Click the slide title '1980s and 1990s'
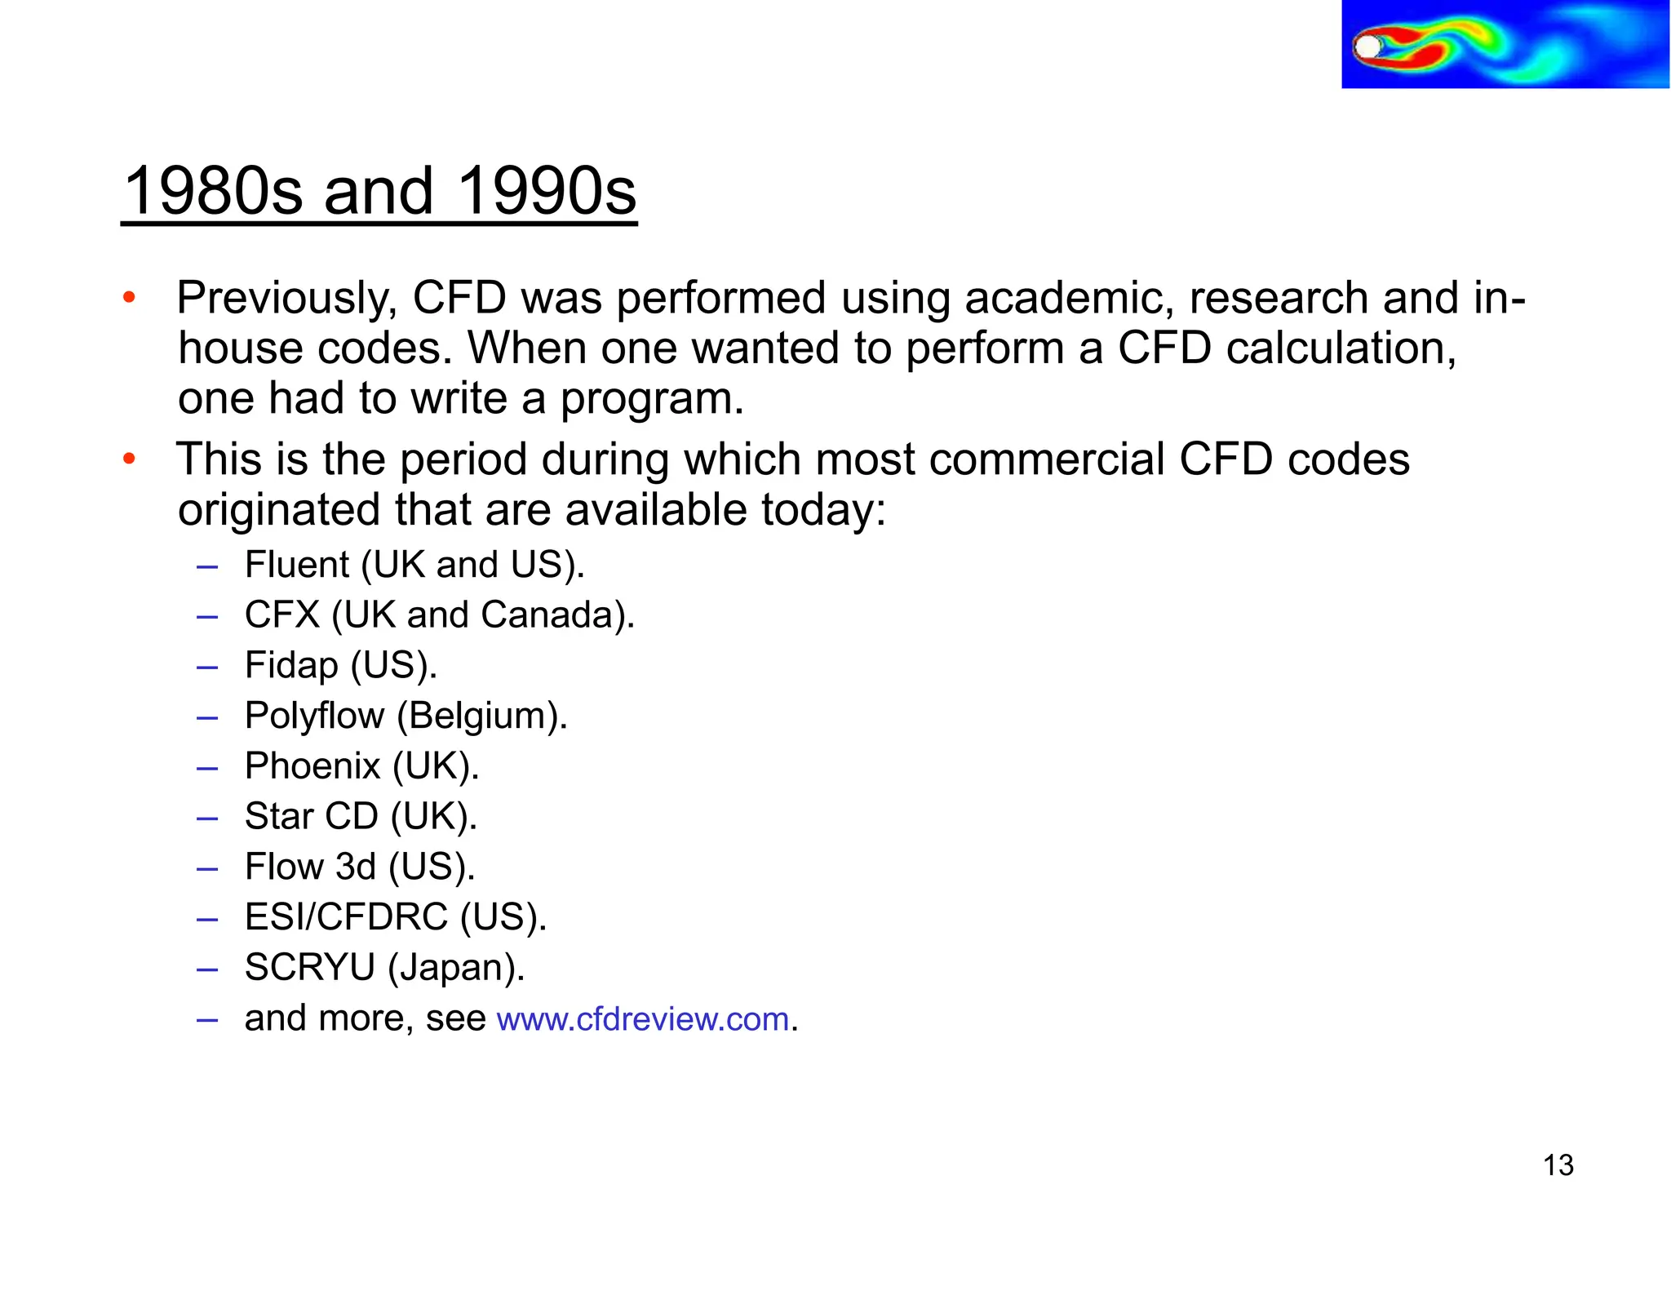(379, 191)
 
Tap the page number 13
(1558, 1165)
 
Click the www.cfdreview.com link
(643, 1019)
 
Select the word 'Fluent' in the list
(297, 565)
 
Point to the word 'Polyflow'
(314, 716)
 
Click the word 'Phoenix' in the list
(312, 766)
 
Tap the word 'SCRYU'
(309, 968)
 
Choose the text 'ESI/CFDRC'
(346, 917)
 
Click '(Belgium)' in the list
(481, 716)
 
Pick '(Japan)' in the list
(455, 969)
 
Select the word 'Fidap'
(291, 666)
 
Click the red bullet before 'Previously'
(129, 298)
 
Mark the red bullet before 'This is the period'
(129, 459)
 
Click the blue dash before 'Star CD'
(207, 818)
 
